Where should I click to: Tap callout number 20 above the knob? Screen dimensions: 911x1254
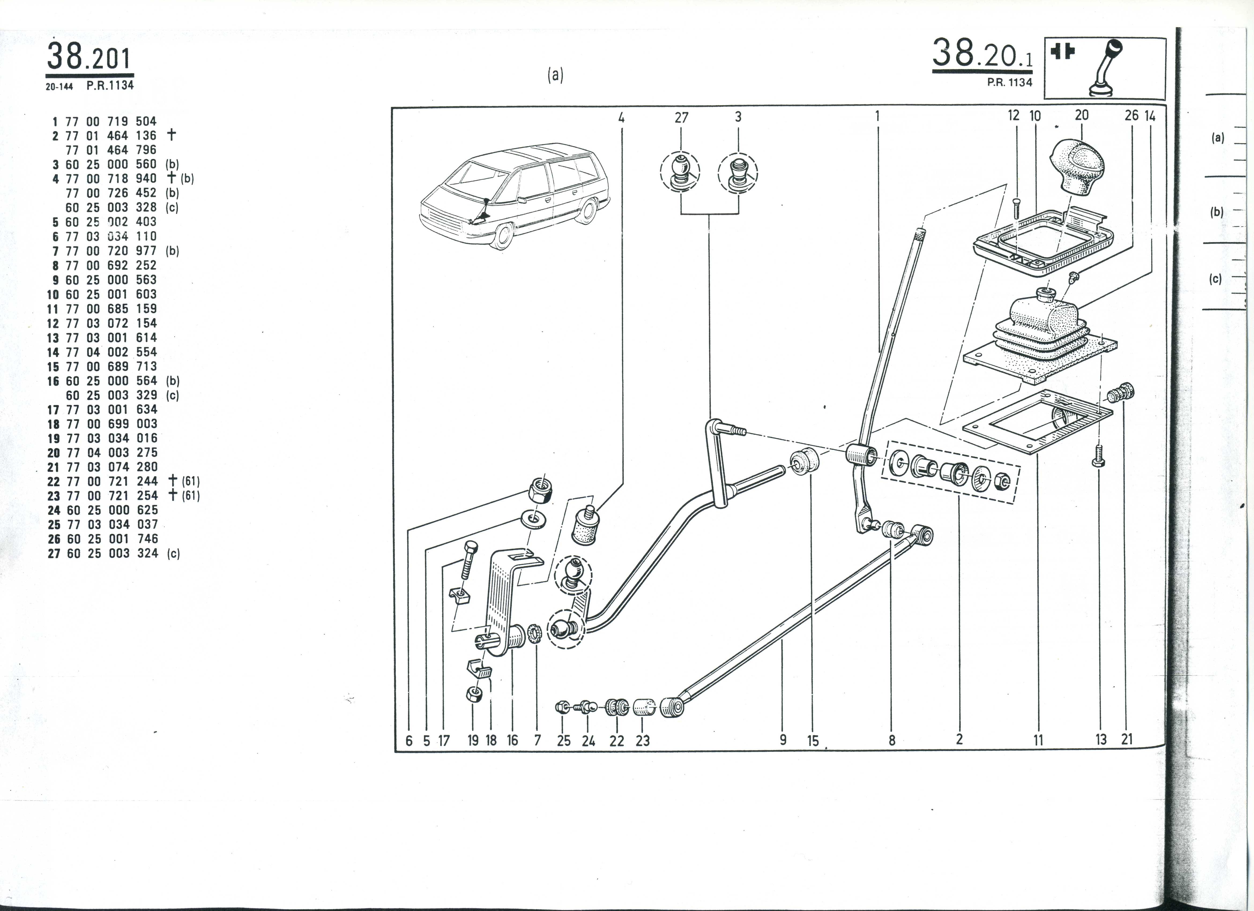[x=1081, y=115]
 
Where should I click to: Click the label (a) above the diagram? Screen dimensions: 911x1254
[x=555, y=75]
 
